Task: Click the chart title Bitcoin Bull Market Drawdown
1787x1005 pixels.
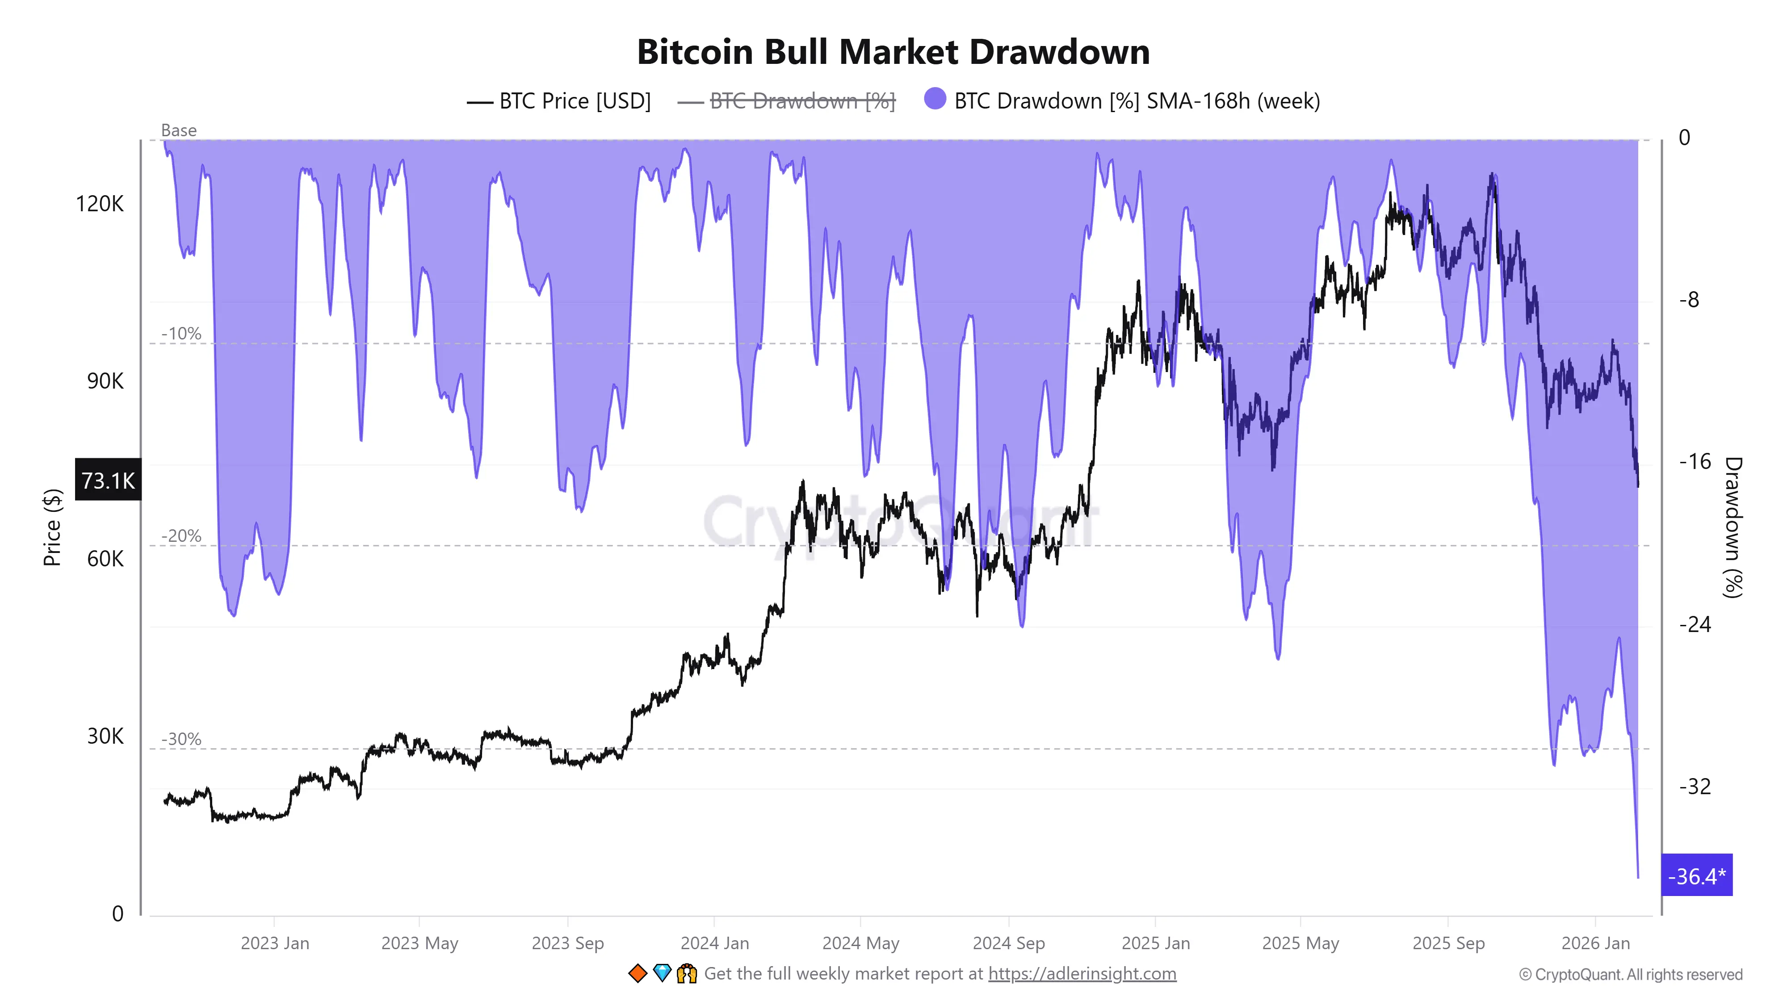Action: coord(893,52)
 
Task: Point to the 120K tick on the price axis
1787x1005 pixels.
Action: coord(99,204)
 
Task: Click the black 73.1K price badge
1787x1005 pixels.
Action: coord(108,480)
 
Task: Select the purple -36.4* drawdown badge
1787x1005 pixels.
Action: coord(1696,876)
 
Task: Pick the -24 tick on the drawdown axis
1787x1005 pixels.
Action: coord(1694,624)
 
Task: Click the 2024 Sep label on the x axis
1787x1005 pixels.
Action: coord(1008,943)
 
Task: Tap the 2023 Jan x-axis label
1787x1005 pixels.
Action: coord(275,943)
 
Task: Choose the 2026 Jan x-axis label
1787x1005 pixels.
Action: coord(1595,943)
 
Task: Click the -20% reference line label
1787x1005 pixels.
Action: coord(181,536)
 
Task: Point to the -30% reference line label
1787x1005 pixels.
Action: coord(181,739)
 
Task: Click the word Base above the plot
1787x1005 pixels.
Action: coord(178,130)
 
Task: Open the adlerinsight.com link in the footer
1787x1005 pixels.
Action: coord(1082,974)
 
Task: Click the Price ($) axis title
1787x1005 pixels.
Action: coord(52,527)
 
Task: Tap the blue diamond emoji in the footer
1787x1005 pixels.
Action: coord(662,973)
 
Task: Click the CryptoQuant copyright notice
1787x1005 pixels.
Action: coord(1630,975)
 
